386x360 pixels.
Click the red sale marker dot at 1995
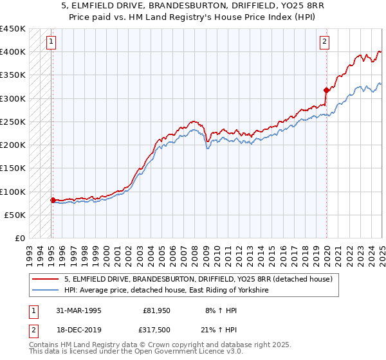tap(52, 200)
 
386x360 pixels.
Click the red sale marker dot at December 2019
tap(326, 90)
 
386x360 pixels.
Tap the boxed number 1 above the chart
tap(51, 42)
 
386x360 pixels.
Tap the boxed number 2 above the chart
tap(325, 42)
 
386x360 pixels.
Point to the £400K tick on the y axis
tap(13, 51)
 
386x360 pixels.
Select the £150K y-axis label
tap(13, 168)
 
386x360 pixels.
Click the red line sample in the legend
tap(45, 279)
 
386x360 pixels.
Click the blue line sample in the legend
tap(45, 291)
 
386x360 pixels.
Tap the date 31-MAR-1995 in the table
tap(76, 310)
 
